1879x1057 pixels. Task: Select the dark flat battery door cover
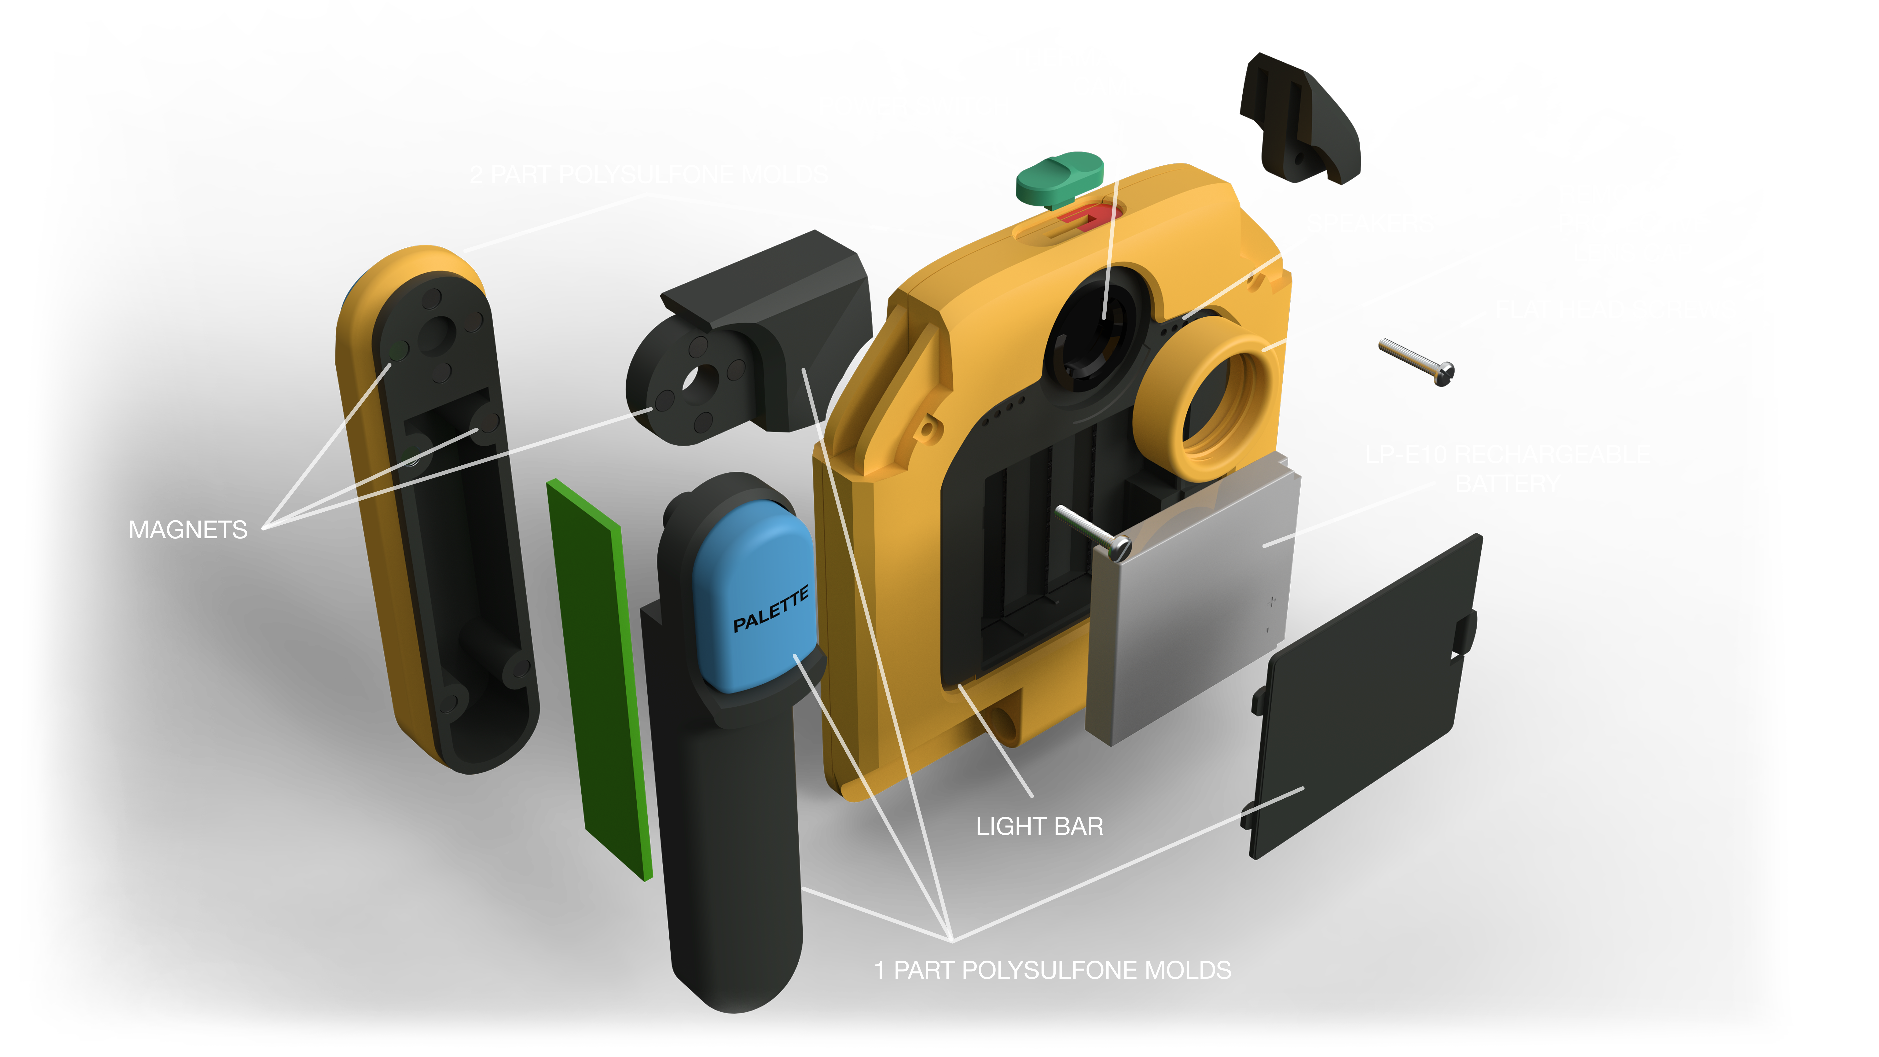click(x=1364, y=700)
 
